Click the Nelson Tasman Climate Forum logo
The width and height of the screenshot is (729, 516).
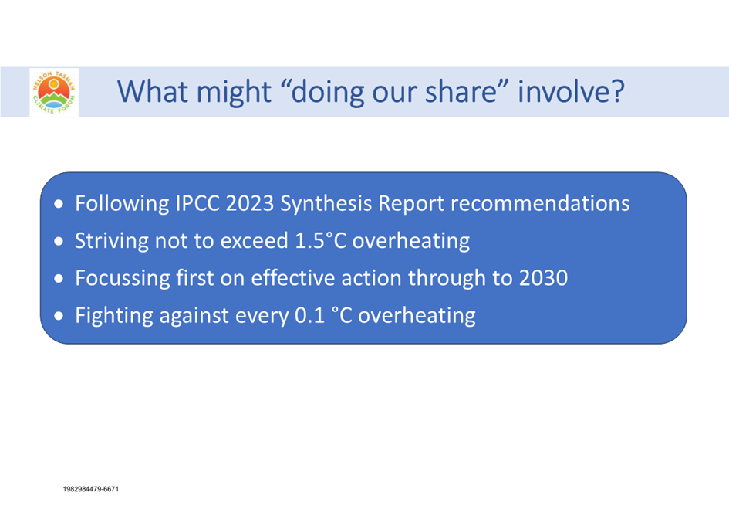coord(54,92)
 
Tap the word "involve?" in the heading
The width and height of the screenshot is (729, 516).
coord(571,91)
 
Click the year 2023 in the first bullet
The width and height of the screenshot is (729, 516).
coord(250,203)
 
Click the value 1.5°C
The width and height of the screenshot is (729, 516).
coord(321,241)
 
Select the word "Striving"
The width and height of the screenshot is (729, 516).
coord(112,241)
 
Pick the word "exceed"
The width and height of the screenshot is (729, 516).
coord(255,241)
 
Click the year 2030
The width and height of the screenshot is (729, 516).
coord(544,278)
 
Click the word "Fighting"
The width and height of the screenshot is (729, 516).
coord(114,316)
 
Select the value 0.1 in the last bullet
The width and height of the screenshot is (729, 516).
coord(309,316)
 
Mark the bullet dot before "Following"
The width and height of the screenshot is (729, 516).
coord(59,203)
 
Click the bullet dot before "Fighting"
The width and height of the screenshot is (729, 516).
coord(59,316)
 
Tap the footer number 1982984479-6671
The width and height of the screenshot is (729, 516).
coord(91,489)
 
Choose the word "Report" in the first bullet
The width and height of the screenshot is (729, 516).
coord(411,204)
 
